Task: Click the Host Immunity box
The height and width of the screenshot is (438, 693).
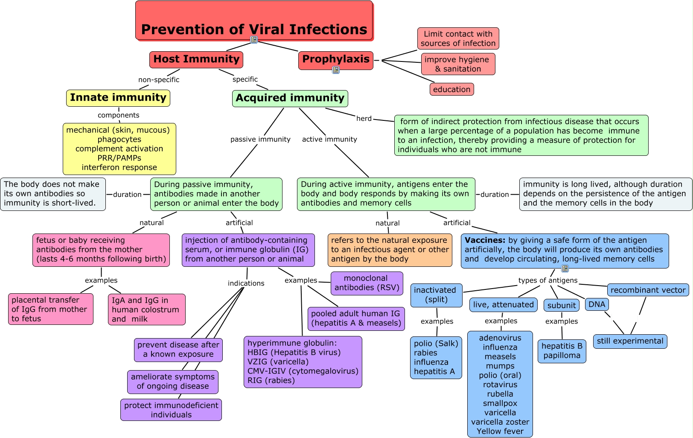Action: [x=196, y=59]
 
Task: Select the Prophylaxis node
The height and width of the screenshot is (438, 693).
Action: [x=336, y=60]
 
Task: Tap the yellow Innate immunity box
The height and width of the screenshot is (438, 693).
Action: [x=118, y=98]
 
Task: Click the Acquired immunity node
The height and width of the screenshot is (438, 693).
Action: [x=290, y=99]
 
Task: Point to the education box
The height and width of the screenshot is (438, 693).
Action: [x=451, y=89]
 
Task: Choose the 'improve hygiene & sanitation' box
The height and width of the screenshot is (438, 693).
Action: [x=458, y=64]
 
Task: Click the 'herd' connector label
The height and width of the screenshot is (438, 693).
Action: [x=364, y=119]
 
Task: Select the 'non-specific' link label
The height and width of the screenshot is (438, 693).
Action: [x=159, y=79]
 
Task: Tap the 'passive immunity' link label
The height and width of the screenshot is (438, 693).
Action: [x=260, y=139]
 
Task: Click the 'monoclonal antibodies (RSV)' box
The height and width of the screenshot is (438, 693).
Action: [x=367, y=283]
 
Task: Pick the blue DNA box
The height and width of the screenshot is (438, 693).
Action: [x=597, y=304]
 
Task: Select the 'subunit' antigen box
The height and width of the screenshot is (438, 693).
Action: [x=562, y=305]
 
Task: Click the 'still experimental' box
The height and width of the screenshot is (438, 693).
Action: [x=630, y=341]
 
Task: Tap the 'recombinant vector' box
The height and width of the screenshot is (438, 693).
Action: [x=648, y=290]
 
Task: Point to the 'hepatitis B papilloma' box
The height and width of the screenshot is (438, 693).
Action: [x=562, y=351]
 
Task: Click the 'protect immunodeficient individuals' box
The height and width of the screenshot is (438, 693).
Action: [x=171, y=410]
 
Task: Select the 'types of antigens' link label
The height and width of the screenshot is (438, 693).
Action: [x=548, y=280]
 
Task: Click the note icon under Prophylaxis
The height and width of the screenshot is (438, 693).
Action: [x=336, y=70]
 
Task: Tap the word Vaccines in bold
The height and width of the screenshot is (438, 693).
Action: [x=485, y=240]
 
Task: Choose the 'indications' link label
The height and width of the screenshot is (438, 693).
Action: [x=246, y=283]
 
